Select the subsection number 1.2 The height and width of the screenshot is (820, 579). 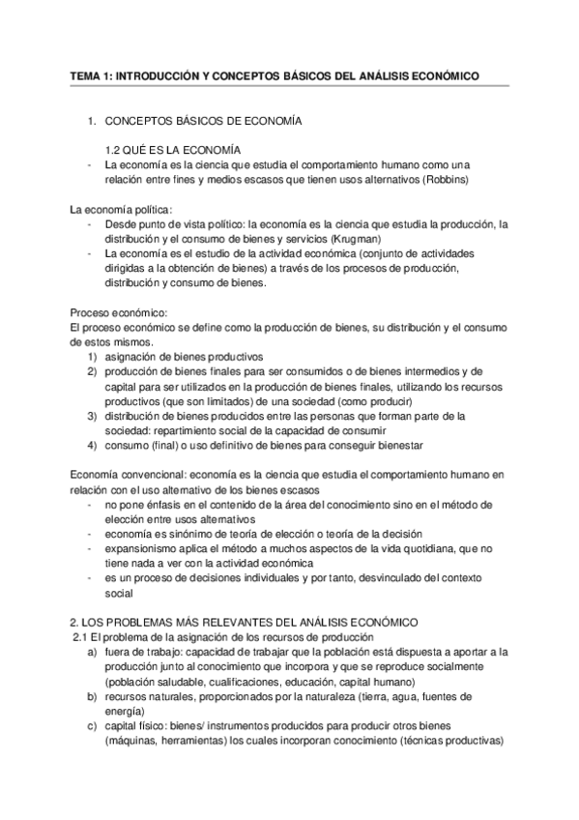tap(115, 149)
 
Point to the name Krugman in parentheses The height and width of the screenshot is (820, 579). tap(358, 238)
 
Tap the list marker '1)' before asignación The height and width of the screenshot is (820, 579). tap(92, 356)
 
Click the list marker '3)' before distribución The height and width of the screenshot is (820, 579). tap(92, 415)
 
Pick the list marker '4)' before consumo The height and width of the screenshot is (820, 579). tap(92, 445)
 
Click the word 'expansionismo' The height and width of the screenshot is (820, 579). tap(144, 548)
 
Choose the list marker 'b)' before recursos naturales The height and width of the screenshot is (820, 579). tap(92, 696)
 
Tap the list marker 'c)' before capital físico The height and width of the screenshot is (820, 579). tap(92, 725)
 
